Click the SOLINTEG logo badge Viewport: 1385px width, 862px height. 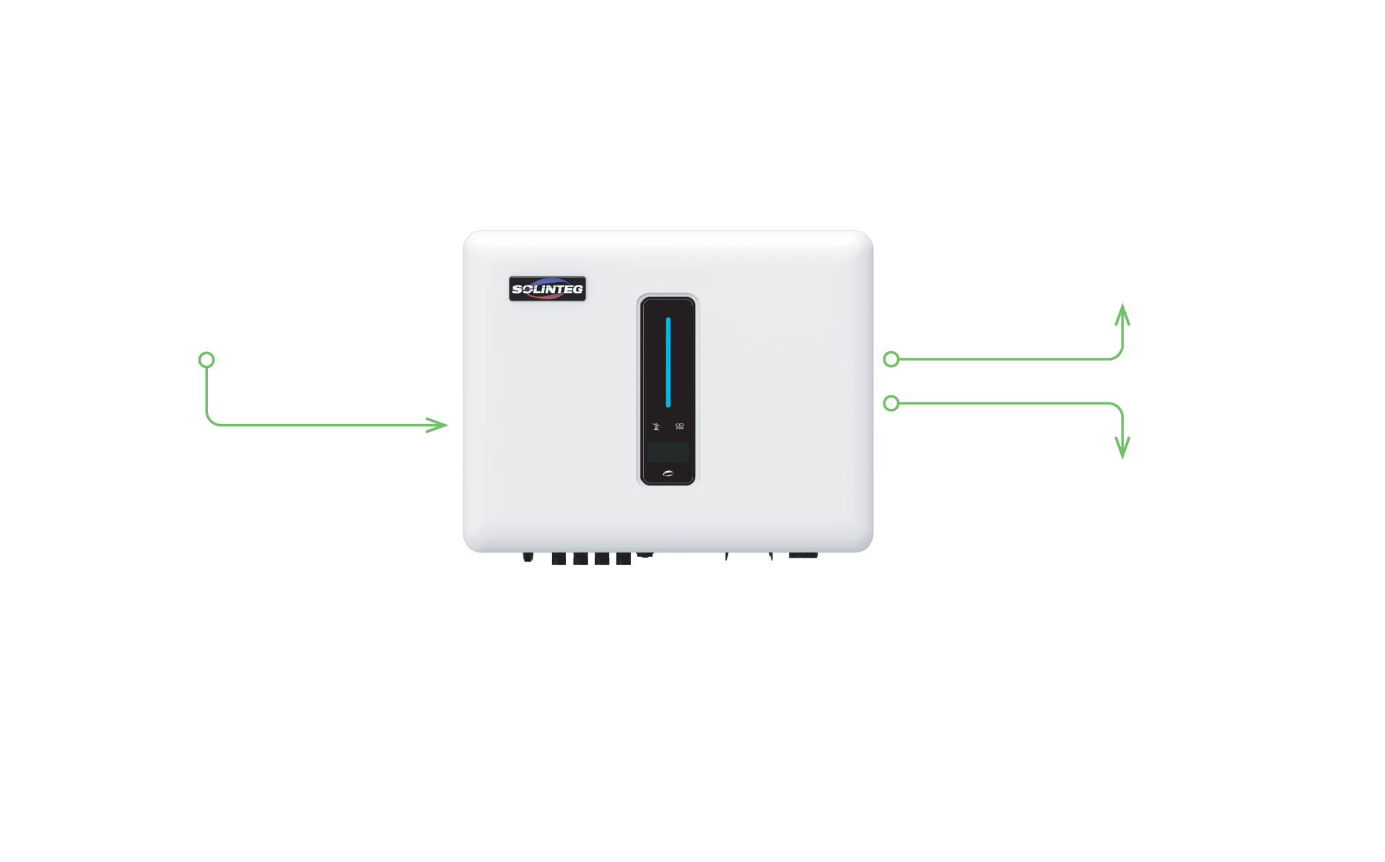click(x=547, y=289)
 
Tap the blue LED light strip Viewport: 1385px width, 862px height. click(x=668, y=362)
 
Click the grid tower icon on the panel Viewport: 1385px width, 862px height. click(x=656, y=426)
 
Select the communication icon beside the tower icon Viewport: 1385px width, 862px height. click(x=679, y=426)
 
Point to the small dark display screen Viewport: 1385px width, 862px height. click(x=668, y=452)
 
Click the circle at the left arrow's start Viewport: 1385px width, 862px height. click(x=206, y=359)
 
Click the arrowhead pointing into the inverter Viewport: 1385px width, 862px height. click(x=438, y=425)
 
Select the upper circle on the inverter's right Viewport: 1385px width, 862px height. click(x=891, y=359)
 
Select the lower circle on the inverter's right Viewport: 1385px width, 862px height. click(x=891, y=403)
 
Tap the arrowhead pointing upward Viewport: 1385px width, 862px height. click(x=1122, y=315)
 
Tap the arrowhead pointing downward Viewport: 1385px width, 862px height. click(x=1122, y=448)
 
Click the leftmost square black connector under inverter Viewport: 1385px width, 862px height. click(x=559, y=559)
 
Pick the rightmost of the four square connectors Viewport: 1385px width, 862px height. click(x=624, y=559)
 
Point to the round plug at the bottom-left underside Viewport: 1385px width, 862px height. click(x=528, y=557)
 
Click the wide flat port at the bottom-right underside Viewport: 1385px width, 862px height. click(x=803, y=555)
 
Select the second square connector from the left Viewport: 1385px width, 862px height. click(x=580, y=559)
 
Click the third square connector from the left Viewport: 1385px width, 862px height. click(x=602, y=559)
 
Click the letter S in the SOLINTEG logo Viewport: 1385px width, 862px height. click(x=517, y=289)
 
